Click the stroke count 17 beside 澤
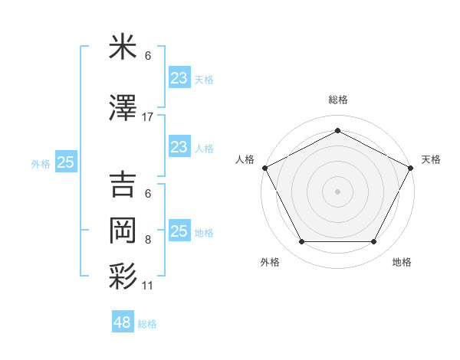148,117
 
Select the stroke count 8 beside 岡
148,239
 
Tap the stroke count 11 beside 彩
148,285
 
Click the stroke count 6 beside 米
148,56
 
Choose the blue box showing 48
123,322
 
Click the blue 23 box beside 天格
179,77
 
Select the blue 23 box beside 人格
179,147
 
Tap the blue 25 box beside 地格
179,231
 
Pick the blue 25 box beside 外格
66,162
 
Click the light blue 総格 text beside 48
148,324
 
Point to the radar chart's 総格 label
337,100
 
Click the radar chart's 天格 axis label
431,159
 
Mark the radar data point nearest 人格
264,167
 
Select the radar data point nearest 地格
374,242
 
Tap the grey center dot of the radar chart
337,191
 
